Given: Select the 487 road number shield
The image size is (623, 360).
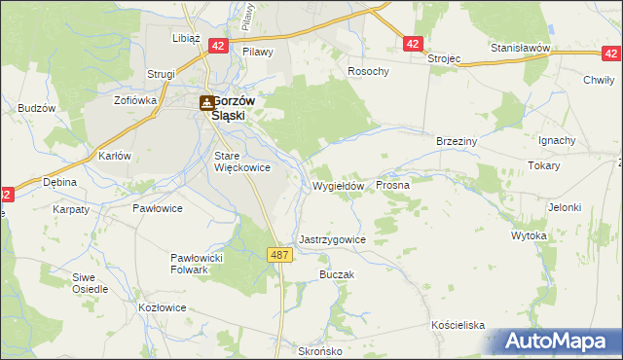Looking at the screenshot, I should [x=279, y=254].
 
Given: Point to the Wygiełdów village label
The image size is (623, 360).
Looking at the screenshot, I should [x=338, y=186].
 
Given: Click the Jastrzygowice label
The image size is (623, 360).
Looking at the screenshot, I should [x=332, y=238].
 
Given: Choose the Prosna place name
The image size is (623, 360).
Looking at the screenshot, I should [x=392, y=184].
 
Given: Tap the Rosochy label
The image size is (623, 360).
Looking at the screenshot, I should [x=369, y=72].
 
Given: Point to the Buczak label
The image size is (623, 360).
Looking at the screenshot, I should [x=336, y=275].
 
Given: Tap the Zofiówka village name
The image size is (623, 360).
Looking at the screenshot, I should [x=135, y=99].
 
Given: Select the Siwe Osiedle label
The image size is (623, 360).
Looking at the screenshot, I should [x=90, y=283].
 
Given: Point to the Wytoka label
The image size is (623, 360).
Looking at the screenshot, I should [x=529, y=235].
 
